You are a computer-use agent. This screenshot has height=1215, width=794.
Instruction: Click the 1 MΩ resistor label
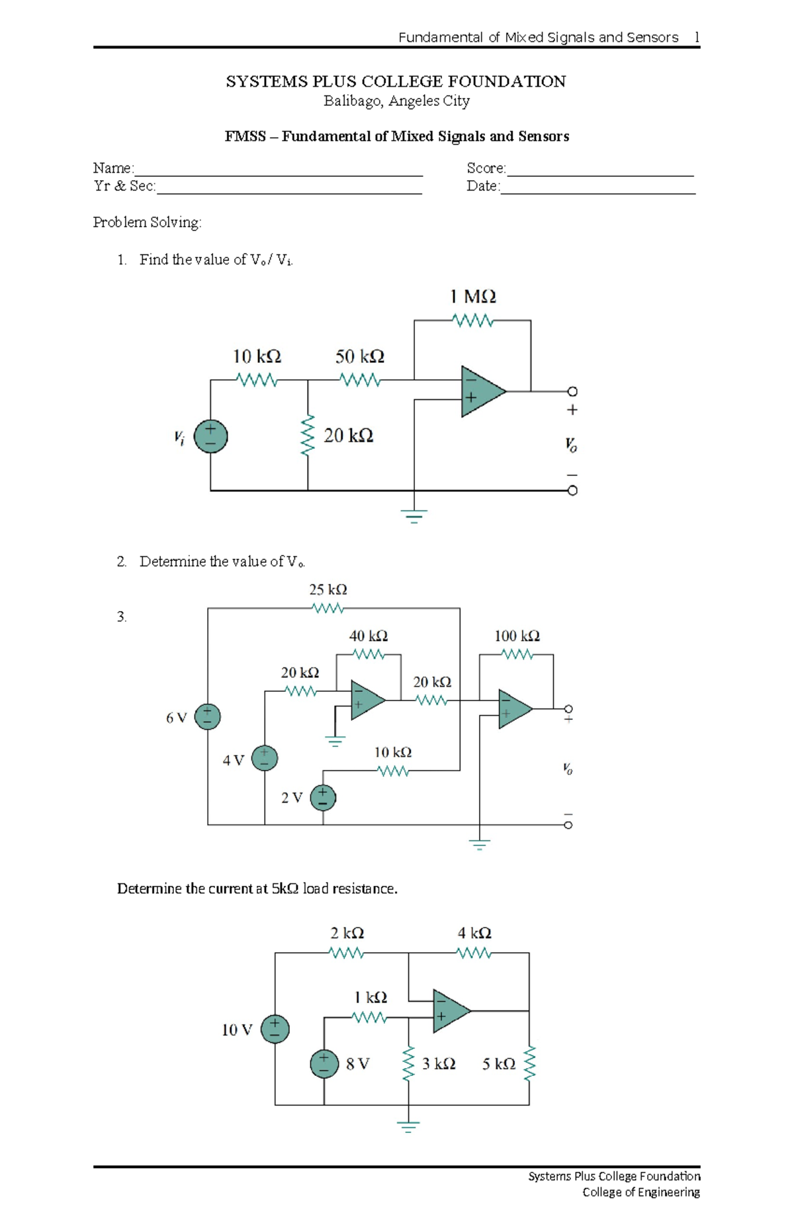pyautogui.click(x=472, y=297)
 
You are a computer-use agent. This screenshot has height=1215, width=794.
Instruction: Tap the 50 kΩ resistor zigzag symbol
pyautogui.click(x=359, y=380)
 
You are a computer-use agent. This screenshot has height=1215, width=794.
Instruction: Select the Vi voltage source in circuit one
pyautogui.click(x=210, y=436)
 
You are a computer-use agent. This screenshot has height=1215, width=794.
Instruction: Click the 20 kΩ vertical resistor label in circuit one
pyautogui.click(x=348, y=436)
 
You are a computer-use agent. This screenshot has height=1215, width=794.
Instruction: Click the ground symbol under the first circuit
pyautogui.click(x=414, y=515)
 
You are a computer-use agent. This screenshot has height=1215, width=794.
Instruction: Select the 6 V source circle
pyautogui.click(x=207, y=716)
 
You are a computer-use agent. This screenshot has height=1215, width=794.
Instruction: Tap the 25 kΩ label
pyautogui.click(x=328, y=589)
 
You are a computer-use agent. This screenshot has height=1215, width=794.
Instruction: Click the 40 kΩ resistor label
pyautogui.click(x=368, y=636)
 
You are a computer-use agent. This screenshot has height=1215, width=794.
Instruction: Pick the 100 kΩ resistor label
pyautogui.click(x=517, y=636)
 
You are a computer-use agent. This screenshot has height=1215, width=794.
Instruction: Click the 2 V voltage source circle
pyautogui.click(x=323, y=797)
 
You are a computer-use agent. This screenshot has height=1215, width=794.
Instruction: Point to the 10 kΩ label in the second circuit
pyautogui.click(x=392, y=752)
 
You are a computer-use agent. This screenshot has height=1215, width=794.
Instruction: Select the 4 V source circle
pyautogui.click(x=265, y=758)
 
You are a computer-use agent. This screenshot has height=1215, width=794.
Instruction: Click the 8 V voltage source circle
pyautogui.click(x=324, y=1064)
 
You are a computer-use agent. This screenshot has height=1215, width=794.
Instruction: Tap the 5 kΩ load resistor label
pyautogui.click(x=498, y=1064)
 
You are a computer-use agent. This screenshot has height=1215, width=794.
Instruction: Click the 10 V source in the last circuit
pyautogui.click(x=275, y=1029)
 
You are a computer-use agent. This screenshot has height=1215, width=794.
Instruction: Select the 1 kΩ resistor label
pyautogui.click(x=370, y=997)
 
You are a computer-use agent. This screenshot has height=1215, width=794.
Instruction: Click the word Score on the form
pyautogui.click(x=485, y=168)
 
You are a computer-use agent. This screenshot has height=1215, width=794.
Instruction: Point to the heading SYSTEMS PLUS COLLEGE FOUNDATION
pyautogui.click(x=396, y=81)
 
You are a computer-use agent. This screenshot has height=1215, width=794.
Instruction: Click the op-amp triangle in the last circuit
pyautogui.click(x=449, y=1011)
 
